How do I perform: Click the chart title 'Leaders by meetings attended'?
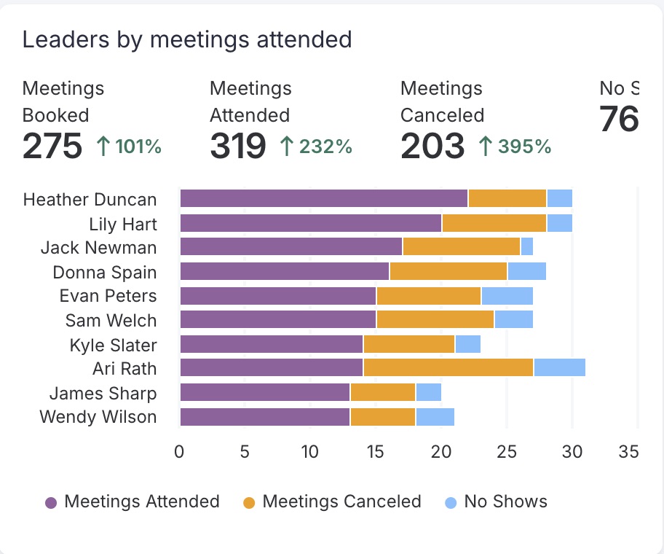pyautogui.click(x=187, y=39)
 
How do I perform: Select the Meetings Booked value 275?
pyautogui.click(x=52, y=146)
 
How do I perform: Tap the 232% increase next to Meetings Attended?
pyautogui.click(x=317, y=147)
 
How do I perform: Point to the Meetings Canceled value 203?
pyautogui.click(x=432, y=146)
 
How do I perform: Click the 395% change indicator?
pyautogui.click(x=515, y=147)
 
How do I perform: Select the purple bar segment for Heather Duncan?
pyautogui.click(x=324, y=198)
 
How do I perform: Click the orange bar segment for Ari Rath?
pyautogui.click(x=448, y=367)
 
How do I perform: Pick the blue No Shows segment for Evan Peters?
pyautogui.click(x=507, y=296)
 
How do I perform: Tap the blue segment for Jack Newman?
pyautogui.click(x=526, y=246)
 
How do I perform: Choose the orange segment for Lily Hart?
pyautogui.click(x=494, y=223)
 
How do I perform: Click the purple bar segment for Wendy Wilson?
pyautogui.click(x=265, y=417)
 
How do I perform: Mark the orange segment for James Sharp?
pyautogui.click(x=383, y=392)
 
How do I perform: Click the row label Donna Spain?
pyautogui.click(x=105, y=273)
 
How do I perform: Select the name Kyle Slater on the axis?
pyautogui.click(x=113, y=345)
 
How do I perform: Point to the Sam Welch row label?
pyautogui.click(x=111, y=321)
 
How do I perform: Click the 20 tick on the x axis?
pyautogui.click(x=441, y=452)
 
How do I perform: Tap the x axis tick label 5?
pyautogui.click(x=245, y=452)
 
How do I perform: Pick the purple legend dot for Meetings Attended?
pyautogui.click(x=51, y=502)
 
